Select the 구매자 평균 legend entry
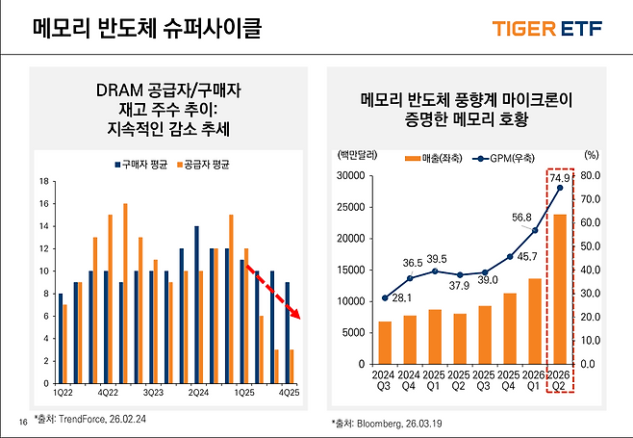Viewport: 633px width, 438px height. coord(143,165)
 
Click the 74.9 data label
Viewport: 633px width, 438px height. coord(559,177)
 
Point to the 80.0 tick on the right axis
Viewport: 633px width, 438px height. coord(591,176)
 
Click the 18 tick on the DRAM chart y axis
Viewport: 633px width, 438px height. coord(44,181)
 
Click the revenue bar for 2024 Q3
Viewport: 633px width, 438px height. coord(385,343)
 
